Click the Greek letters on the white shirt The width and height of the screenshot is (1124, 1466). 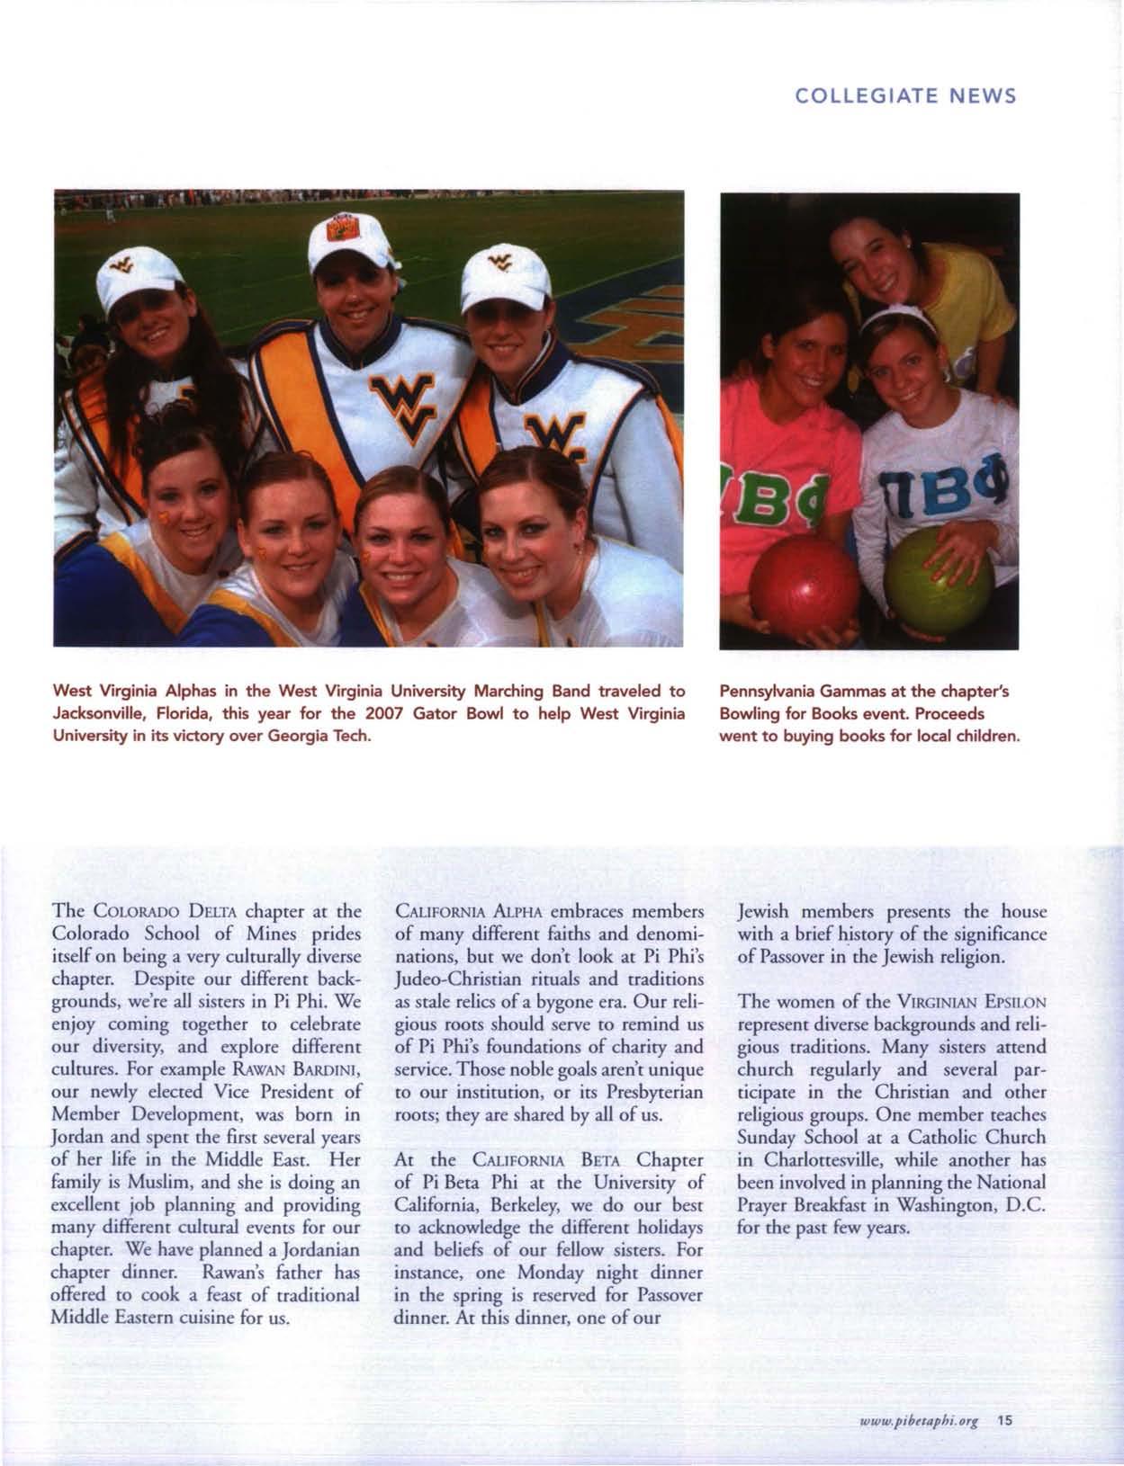[957, 493]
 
